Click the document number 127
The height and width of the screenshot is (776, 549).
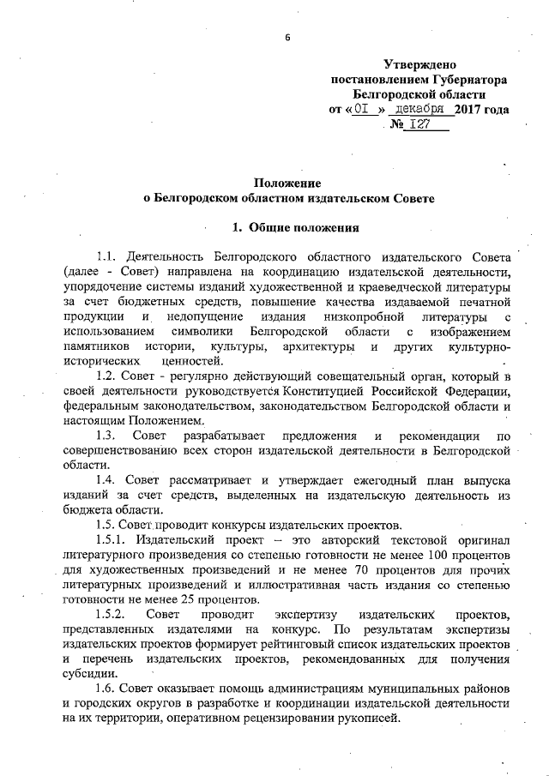point(421,125)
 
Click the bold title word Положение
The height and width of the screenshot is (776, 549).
point(287,183)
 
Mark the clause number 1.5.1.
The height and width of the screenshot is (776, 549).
point(112,540)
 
